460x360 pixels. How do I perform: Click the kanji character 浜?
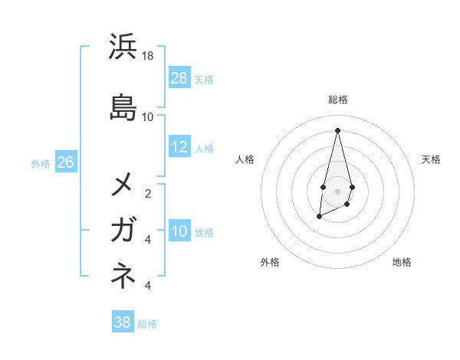coord(123,47)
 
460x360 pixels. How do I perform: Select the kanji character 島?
coord(123,107)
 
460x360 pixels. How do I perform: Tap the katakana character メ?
coord(123,184)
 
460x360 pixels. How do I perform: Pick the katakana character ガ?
coord(123,229)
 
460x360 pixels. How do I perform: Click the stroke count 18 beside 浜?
coord(148,56)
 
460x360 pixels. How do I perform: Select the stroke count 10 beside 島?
coord(148,117)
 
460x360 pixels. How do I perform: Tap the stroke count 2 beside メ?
coord(148,194)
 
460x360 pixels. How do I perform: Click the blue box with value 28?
coord(179,78)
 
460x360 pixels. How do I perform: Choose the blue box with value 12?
coord(179,147)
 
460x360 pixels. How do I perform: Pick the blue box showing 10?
coord(179,231)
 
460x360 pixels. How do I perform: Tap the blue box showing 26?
coord(65,162)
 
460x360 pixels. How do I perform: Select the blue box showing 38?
coord(123,322)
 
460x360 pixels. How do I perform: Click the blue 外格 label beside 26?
coord(41,163)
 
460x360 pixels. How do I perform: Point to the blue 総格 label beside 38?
coord(147,324)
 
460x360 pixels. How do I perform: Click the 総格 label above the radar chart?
coord(337,100)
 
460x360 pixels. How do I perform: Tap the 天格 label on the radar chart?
coord(431,159)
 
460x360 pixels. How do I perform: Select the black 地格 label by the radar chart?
coord(402,262)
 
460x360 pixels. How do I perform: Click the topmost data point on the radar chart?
coord(337,130)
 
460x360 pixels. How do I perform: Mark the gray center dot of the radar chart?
coord(337,191)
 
